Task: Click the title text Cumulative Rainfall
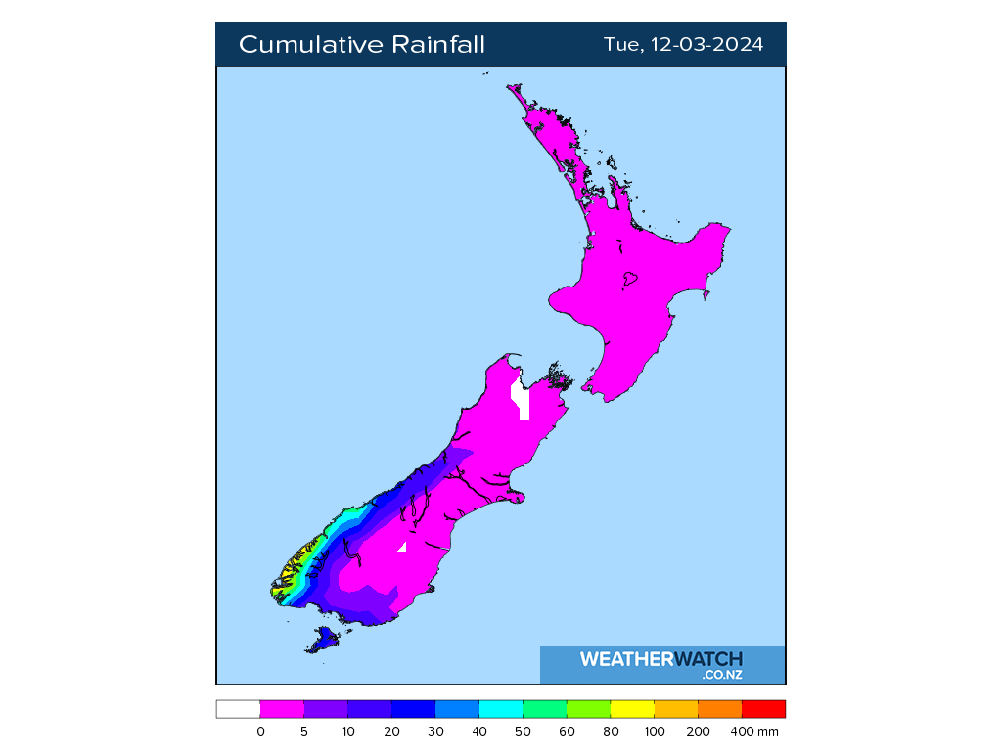pyautogui.click(x=361, y=45)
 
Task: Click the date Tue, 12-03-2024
pyautogui.click(x=683, y=45)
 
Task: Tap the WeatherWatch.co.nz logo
pyautogui.click(x=661, y=664)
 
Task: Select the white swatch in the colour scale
pyautogui.click(x=238, y=709)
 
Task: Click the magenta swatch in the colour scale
pyautogui.click(x=282, y=709)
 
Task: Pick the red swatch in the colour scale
pyautogui.click(x=763, y=709)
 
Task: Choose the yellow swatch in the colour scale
pyautogui.click(x=632, y=709)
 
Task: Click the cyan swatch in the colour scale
pyautogui.click(x=501, y=709)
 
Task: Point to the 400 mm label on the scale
pyautogui.click(x=755, y=731)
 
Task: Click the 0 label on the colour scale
pyautogui.click(x=260, y=731)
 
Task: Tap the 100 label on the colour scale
pyautogui.click(x=655, y=731)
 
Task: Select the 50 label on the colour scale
pyautogui.click(x=524, y=731)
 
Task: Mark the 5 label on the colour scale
pyautogui.click(x=304, y=731)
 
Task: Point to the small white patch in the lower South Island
pyautogui.click(x=401, y=547)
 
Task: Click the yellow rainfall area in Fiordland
pyautogui.click(x=288, y=578)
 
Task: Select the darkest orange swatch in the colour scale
pyautogui.click(x=719, y=709)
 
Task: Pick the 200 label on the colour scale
pyautogui.click(x=699, y=731)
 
